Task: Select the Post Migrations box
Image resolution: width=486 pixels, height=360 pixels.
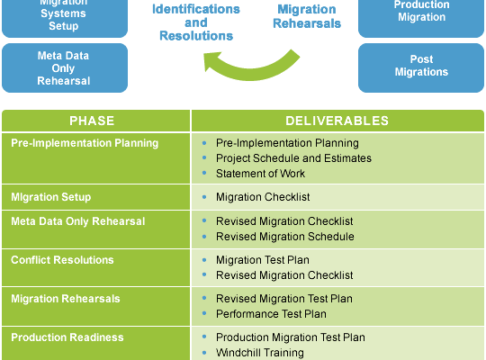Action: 421,67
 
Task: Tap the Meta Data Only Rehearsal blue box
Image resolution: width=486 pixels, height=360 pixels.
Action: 65,67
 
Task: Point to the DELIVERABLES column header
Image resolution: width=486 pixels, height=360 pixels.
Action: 337,121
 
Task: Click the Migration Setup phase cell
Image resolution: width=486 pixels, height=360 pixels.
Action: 95,197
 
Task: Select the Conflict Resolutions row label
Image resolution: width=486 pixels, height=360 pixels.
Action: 62,260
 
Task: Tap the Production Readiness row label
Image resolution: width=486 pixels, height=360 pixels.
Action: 67,337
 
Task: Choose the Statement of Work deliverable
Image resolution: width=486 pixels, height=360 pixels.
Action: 260,174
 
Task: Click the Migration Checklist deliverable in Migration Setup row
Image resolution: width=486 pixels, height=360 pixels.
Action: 263,197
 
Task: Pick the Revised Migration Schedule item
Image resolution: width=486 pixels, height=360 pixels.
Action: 285,237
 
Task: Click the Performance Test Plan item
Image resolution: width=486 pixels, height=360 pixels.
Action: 271,314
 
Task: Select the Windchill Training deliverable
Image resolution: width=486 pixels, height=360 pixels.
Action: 260,353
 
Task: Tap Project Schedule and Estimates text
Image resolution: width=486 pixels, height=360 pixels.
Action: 293,158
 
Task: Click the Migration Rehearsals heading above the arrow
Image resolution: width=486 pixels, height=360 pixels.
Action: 307,16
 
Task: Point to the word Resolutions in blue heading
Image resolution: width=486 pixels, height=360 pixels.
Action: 196,36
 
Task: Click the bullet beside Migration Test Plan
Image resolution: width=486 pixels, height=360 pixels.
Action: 204,259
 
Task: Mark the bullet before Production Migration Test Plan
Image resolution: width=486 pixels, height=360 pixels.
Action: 204,337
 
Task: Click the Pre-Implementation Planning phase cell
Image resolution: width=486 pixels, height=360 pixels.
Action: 95,158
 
